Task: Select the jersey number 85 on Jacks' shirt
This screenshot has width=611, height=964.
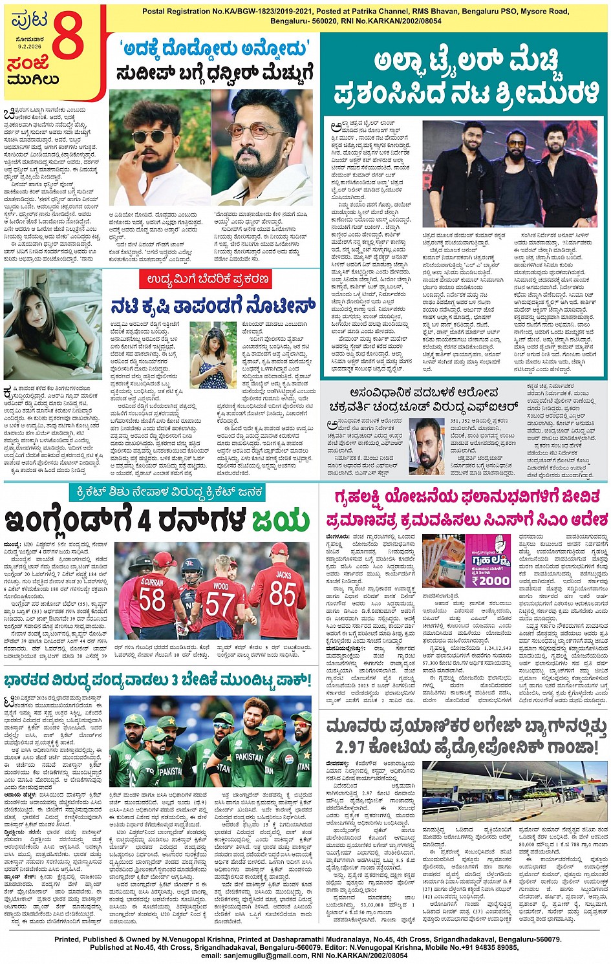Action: coord(283,594)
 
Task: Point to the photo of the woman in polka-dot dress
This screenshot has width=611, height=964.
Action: coord(213,356)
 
